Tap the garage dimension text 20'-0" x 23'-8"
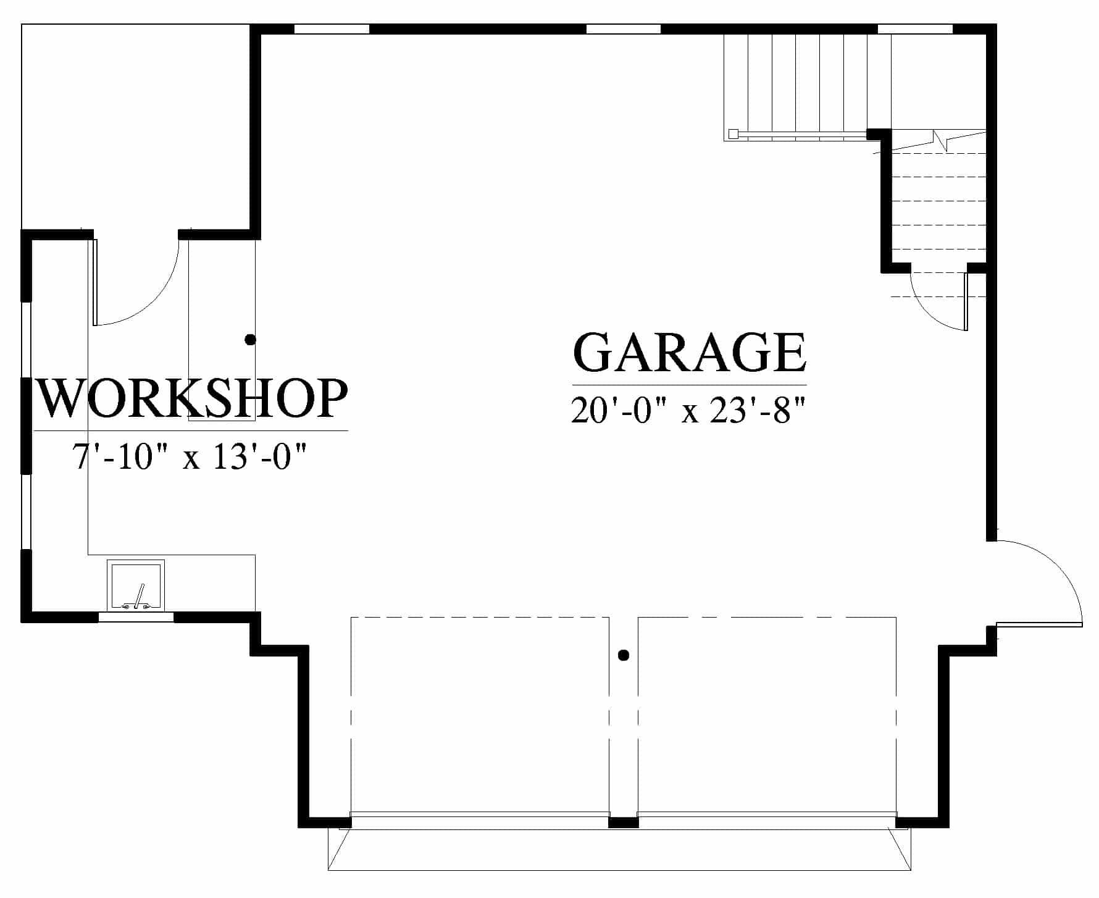(689, 409)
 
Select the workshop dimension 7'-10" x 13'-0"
(190, 457)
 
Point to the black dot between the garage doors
(624, 655)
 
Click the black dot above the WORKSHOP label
(250, 339)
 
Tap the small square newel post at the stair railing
(733, 133)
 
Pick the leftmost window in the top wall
(332, 28)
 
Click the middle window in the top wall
(623, 28)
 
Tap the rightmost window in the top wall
(915, 28)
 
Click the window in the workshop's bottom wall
(136, 616)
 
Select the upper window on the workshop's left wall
(27, 339)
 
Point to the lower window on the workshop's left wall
(27, 511)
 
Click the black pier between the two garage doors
(624, 822)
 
